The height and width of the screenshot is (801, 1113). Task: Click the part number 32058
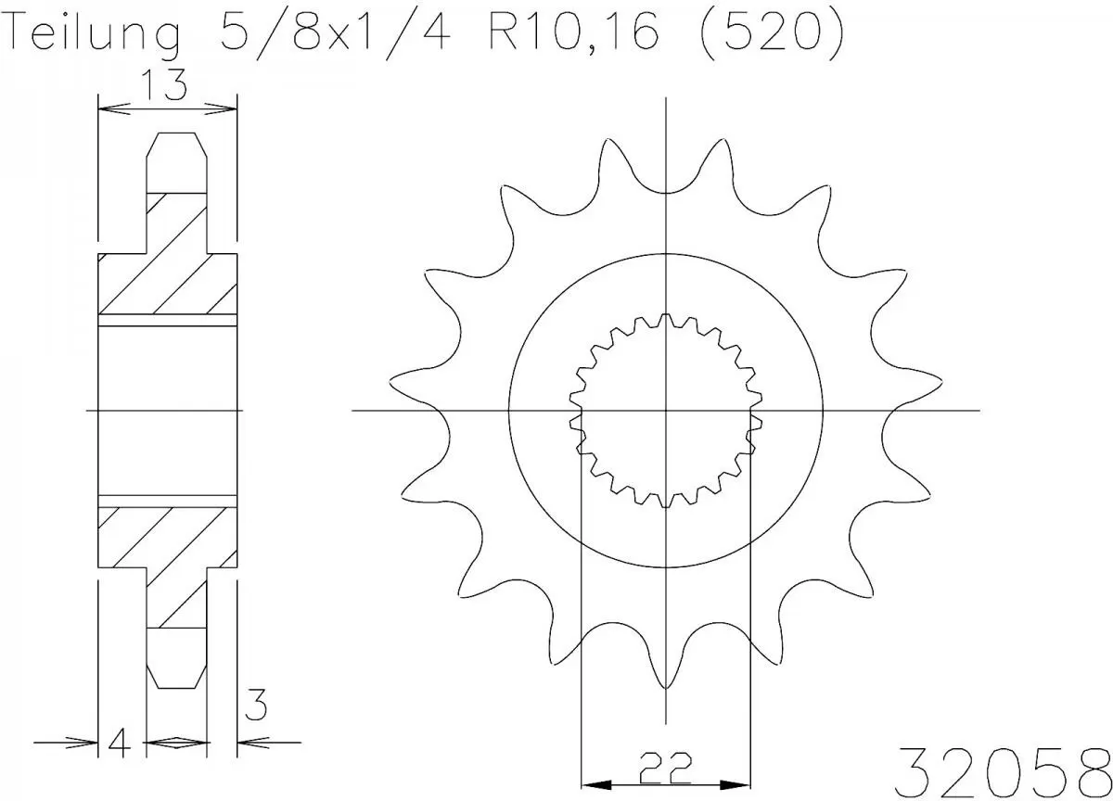1003,771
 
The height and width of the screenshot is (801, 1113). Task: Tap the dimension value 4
120,742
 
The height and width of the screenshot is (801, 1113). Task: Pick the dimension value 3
256,705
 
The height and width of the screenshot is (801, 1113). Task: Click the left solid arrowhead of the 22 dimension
596,784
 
